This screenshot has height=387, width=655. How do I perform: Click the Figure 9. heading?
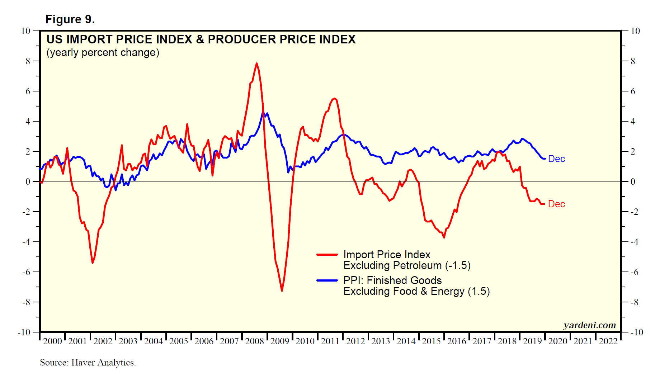(70, 19)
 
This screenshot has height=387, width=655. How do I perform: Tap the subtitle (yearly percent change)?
(103, 52)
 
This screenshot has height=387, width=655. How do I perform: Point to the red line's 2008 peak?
(256, 63)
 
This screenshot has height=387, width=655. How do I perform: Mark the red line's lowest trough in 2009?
(282, 290)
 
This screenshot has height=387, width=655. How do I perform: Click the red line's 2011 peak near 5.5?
(334, 98)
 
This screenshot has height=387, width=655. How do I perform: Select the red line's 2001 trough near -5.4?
(93, 263)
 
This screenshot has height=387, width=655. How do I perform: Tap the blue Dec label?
(556, 159)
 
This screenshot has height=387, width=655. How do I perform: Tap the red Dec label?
(556, 204)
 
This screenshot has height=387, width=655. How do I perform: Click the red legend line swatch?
(327, 255)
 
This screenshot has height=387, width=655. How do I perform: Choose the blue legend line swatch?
(327, 280)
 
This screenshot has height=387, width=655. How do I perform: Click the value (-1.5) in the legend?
(458, 265)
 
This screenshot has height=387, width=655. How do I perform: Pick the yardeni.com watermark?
(589, 325)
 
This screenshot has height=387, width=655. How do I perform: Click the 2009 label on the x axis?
(279, 341)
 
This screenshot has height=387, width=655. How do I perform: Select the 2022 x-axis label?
(608, 341)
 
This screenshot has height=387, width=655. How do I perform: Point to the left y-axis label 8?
(28, 61)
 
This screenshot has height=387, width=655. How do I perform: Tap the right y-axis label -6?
(635, 272)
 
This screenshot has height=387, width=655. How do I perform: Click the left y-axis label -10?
(24, 332)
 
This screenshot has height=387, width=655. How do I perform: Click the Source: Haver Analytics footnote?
(88, 363)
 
